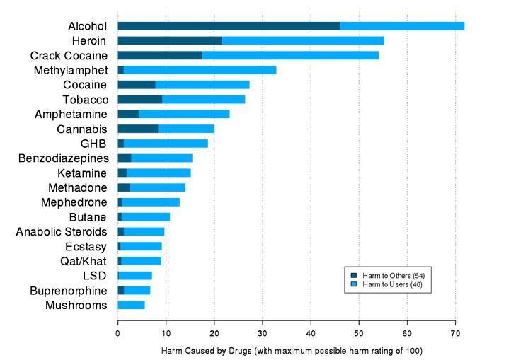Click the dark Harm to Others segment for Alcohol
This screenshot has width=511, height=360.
click(228, 26)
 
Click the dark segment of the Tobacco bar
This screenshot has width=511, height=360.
click(139, 100)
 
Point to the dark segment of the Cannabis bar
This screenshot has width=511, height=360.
click(137, 129)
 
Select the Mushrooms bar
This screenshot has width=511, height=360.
click(131, 305)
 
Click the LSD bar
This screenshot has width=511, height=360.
click(134, 276)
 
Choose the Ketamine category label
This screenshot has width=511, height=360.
click(82, 173)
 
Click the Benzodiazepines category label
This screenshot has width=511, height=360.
click(63, 158)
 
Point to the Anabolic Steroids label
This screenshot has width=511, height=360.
click(62, 232)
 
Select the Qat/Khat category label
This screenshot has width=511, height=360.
click(84, 261)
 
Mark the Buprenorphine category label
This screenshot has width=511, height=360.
click(69, 291)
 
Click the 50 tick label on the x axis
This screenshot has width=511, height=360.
click(359, 332)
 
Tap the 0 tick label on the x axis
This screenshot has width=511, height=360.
click(117, 332)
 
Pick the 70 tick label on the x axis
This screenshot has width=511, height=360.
click(455, 332)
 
